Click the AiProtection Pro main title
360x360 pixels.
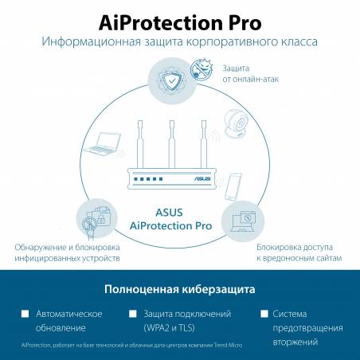point(180,23)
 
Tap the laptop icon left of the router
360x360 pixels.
point(102,144)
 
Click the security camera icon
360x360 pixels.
point(236,124)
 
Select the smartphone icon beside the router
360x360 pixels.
point(233,187)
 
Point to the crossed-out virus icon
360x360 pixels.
point(202,69)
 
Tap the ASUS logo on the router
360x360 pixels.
point(202,178)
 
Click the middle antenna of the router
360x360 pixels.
point(172,144)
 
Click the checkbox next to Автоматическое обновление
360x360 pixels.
point(25,314)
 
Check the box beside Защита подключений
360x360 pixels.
point(132,314)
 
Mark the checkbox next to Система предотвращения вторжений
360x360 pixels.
point(264,314)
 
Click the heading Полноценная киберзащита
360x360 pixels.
point(180,289)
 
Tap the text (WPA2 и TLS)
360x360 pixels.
point(169,328)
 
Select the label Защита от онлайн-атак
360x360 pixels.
point(251,73)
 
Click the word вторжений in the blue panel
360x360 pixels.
point(295,342)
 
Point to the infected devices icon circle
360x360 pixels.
point(96,219)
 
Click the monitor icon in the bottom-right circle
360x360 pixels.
point(243,221)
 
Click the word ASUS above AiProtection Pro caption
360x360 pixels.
point(169,213)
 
